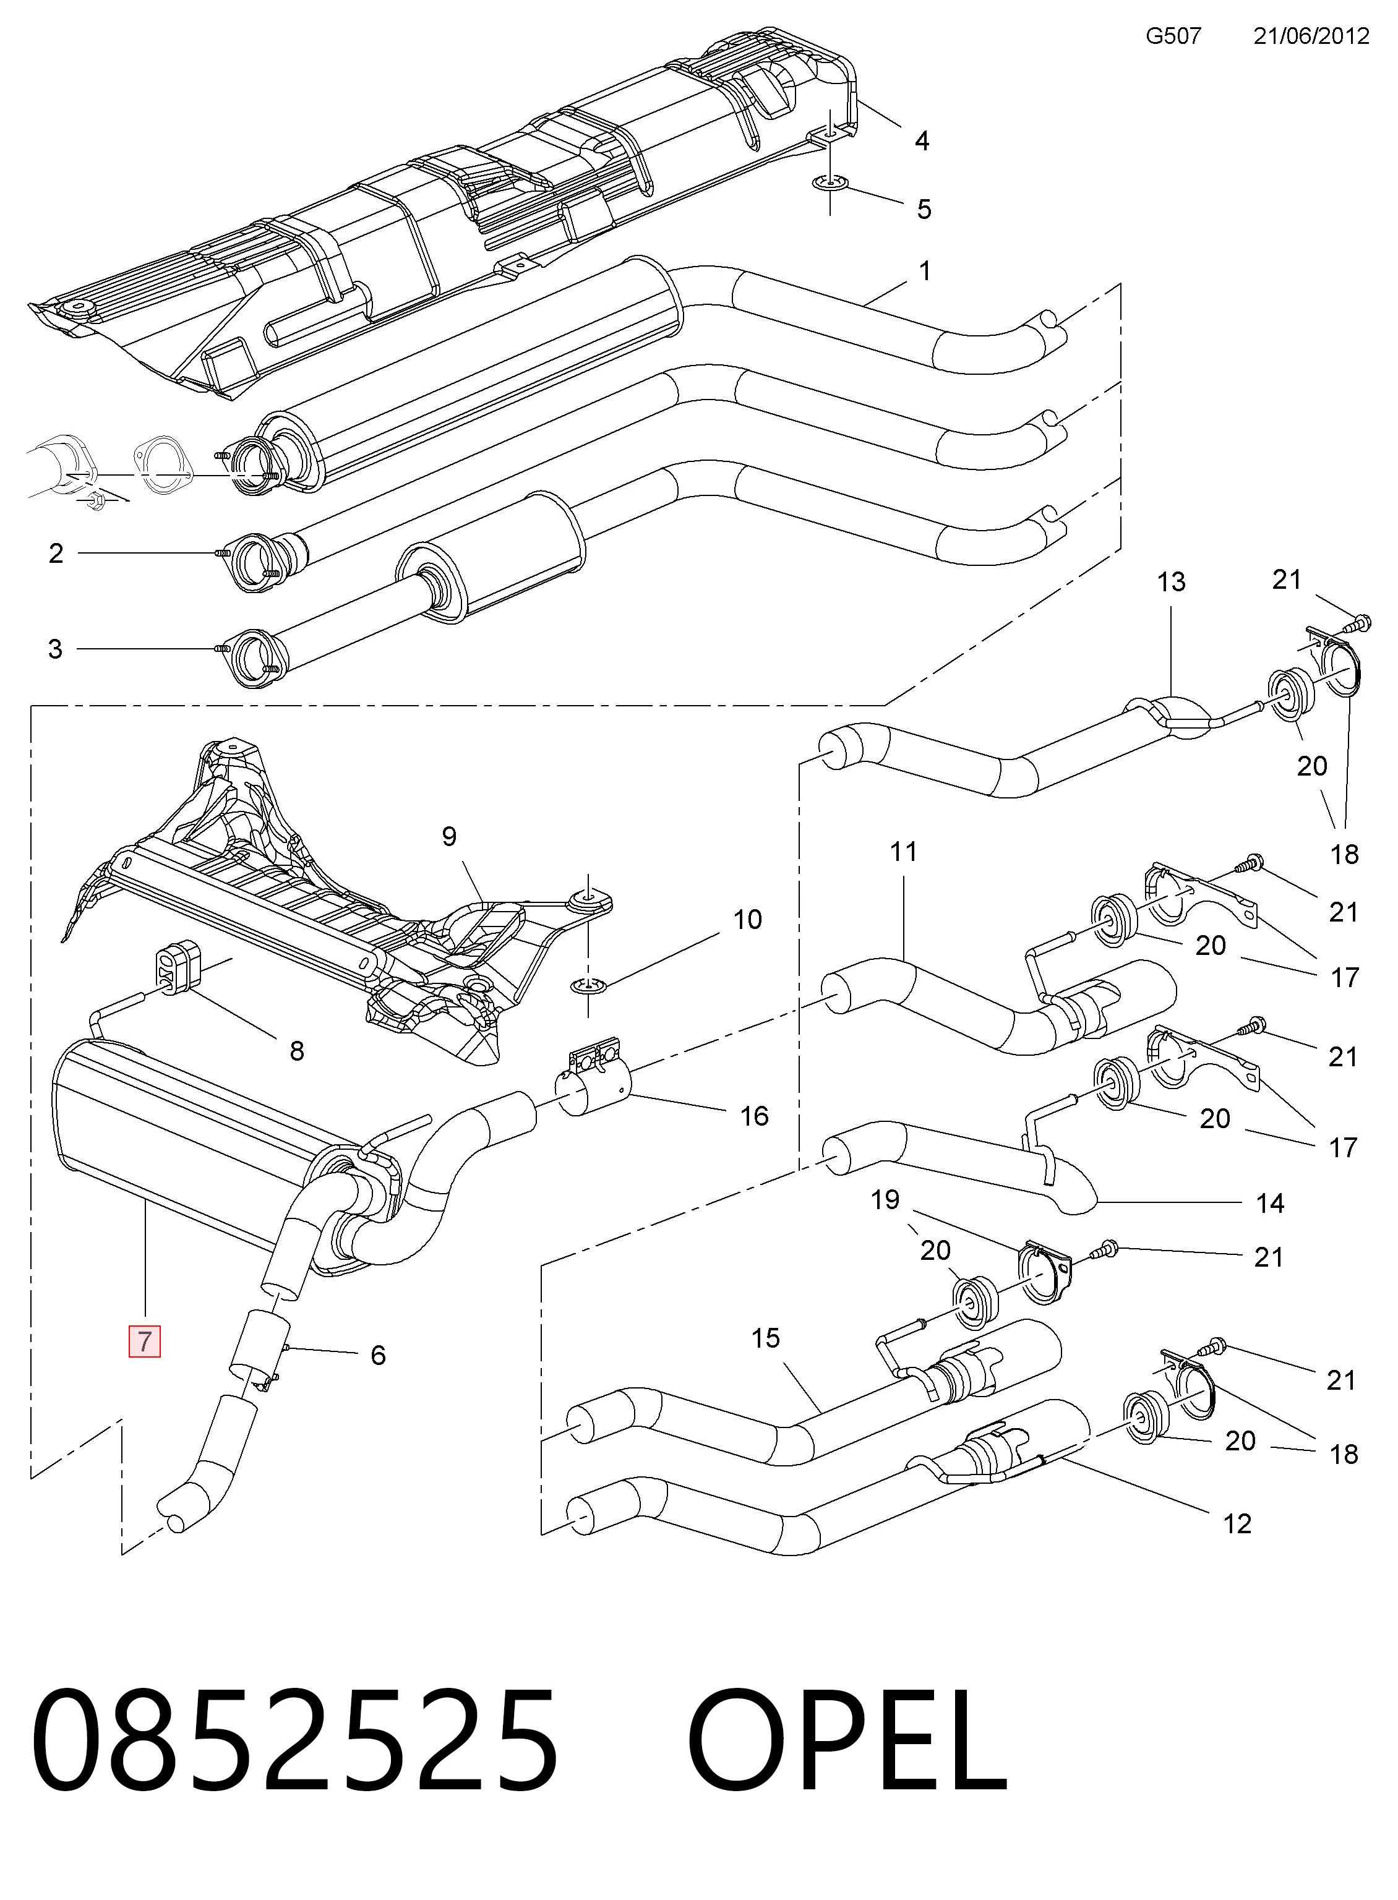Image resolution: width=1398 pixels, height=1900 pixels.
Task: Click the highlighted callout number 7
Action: click(x=144, y=1341)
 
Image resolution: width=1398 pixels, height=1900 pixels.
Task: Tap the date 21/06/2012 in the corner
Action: click(x=1311, y=35)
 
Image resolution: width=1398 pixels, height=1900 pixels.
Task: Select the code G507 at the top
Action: click(x=1173, y=35)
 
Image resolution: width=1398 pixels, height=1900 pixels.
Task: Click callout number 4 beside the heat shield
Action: click(x=922, y=140)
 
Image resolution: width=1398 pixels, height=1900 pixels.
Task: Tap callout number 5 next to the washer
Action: click(x=924, y=209)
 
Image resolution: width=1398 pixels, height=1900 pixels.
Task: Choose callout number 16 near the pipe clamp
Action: click(x=754, y=1116)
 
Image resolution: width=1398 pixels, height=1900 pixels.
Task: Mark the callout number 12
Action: click(x=1237, y=1523)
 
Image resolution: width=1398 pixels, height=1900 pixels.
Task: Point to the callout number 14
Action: click(x=1269, y=1203)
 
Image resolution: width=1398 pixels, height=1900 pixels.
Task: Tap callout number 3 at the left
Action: click(x=55, y=649)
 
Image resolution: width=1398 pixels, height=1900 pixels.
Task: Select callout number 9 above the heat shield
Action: click(x=448, y=837)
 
